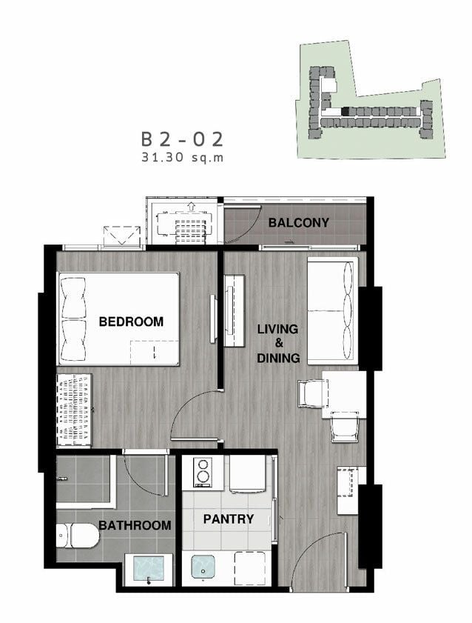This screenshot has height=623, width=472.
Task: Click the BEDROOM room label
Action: click(131, 321)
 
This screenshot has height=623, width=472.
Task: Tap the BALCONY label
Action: click(299, 222)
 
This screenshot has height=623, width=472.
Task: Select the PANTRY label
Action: click(228, 519)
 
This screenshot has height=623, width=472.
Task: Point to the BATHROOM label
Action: click(135, 525)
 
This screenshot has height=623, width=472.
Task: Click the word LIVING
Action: click(277, 329)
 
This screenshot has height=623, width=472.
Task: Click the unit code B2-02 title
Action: click(183, 139)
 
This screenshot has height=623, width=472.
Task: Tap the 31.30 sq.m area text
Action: click(183, 157)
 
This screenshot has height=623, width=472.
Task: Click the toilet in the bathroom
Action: click(78, 535)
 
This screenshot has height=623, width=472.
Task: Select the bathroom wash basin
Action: click(149, 569)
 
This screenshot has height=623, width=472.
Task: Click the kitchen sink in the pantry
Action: click(203, 567)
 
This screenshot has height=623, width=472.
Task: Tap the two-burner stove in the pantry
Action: click(203, 472)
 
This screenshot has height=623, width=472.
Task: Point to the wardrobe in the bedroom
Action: click(74, 410)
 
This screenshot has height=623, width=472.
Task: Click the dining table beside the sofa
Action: click(344, 395)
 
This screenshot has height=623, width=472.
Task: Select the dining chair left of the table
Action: click(313, 393)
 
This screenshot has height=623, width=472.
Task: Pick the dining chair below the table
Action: click(345, 427)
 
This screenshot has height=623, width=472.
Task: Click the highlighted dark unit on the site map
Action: click(346, 112)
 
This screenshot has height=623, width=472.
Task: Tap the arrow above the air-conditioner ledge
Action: click(192, 206)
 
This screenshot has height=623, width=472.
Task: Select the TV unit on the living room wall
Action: click(235, 310)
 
